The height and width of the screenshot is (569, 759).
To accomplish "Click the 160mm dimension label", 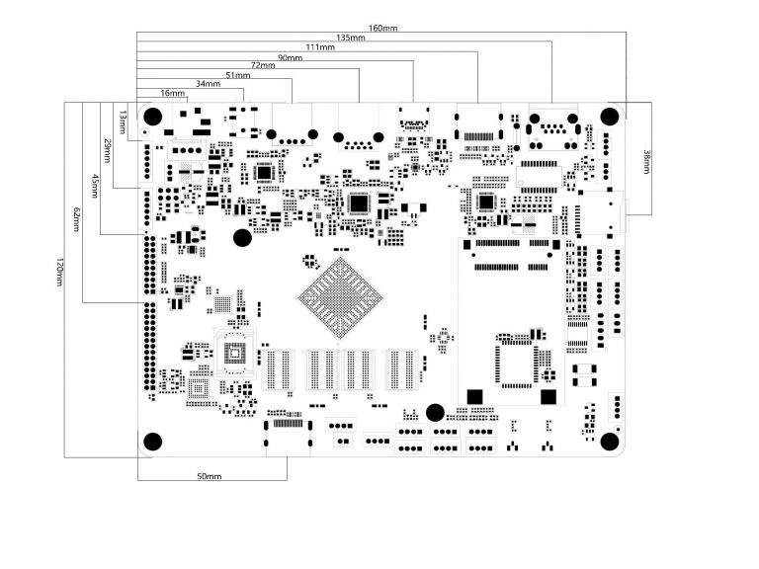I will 382,28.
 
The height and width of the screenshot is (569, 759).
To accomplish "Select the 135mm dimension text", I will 351,38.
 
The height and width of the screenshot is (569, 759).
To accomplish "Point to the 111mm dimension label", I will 320,47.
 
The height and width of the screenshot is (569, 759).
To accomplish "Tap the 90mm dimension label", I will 290,57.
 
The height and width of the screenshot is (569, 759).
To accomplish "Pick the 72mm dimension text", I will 263,66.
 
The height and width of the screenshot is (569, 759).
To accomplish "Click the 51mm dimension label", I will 238,75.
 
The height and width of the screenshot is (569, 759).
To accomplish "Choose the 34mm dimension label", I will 209,84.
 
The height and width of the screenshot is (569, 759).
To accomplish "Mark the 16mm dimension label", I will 172,93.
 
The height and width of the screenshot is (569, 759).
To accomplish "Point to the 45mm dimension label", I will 94,186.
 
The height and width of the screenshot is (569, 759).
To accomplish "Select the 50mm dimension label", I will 209,477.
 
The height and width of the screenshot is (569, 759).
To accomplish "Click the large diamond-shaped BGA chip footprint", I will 339,296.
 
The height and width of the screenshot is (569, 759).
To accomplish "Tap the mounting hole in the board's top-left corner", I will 152,114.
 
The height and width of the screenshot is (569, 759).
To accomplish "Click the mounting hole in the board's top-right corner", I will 610,114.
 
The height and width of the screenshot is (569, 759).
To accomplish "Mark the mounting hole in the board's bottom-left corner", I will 152,442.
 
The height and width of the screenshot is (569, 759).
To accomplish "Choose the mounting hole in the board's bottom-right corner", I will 610,442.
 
